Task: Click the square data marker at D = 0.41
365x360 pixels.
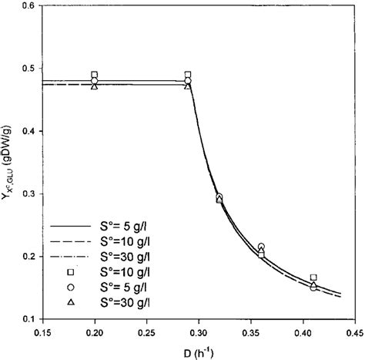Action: [x=313, y=278]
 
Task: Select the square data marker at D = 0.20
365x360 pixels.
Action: [x=94, y=75]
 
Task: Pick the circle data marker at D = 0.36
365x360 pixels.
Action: [x=261, y=247]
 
